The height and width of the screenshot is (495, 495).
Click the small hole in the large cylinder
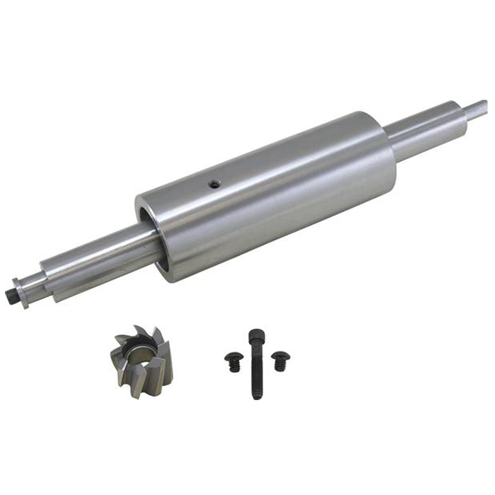(214, 184)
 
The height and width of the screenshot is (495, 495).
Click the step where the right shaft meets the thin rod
(459, 109)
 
